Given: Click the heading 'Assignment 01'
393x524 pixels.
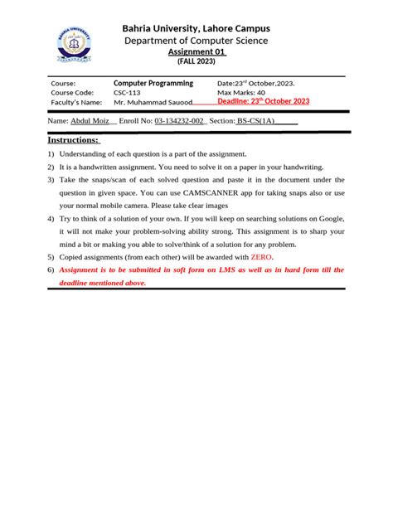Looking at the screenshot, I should click(196, 51).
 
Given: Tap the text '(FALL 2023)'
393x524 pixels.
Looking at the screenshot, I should click(196, 62).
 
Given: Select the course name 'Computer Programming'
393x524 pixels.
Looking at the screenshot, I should click(153, 84).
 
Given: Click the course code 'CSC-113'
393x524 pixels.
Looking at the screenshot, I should click(129, 93).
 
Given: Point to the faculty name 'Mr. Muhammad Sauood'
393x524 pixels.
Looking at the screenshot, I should click(153, 103).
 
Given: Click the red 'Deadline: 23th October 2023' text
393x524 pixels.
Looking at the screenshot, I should click(263, 101).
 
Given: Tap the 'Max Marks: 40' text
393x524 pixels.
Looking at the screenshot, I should click(241, 93).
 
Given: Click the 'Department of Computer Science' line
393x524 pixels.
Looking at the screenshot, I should click(196, 41).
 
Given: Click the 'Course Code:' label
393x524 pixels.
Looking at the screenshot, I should click(72, 93).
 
